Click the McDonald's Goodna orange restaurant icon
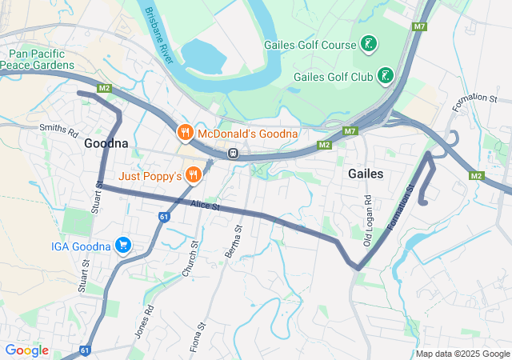tap(185, 132)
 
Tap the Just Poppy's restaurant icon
tap(193, 174)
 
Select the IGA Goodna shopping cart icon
tap(122, 245)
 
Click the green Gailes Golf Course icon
tap(369, 44)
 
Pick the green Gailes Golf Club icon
tap(386, 76)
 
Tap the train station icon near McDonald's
tap(233, 153)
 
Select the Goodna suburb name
tap(106, 144)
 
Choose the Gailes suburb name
tap(366, 174)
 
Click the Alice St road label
tap(205, 206)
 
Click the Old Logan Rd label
tap(368, 209)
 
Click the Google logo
tap(26, 350)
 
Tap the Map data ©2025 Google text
tap(462, 354)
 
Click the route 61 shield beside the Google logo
tap(86, 350)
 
